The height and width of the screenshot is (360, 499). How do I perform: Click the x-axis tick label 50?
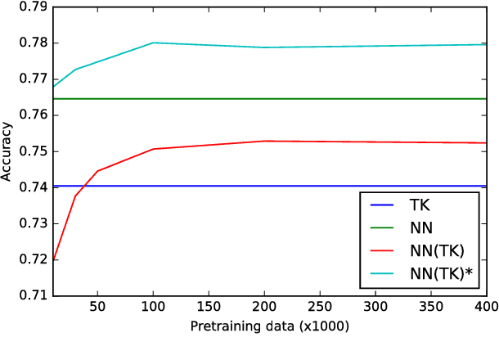(97, 307)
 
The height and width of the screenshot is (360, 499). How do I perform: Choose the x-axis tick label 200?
(264, 307)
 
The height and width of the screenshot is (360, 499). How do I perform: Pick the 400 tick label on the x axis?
(486, 307)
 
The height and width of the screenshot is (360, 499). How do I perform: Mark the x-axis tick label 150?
(209, 307)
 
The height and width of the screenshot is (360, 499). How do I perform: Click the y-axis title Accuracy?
(7, 151)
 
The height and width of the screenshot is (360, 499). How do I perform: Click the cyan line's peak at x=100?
(153, 43)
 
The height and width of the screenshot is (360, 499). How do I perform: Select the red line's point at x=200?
(264, 141)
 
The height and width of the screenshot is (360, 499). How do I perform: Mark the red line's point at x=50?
(97, 171)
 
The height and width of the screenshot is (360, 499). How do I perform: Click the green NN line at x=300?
(375, 99)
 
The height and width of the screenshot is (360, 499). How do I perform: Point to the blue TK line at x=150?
(209, 186)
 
